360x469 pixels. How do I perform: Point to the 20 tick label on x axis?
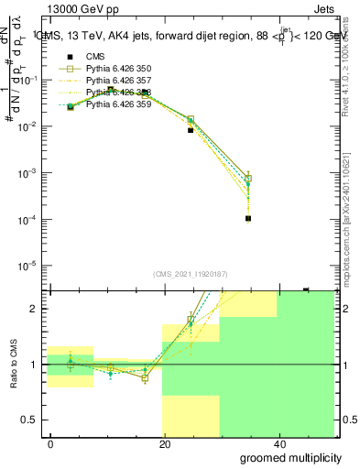pyautogui.click(x=165, y=443)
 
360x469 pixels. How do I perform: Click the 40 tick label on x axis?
pyautogui.click(x=278, y=443)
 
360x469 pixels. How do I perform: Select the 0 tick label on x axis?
pyautogui.click(x=51, y=443)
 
